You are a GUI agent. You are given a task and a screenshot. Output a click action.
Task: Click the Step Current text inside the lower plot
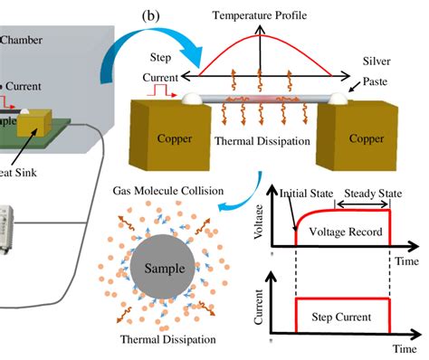[343, 319]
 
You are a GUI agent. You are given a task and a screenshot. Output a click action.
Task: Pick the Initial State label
[302, 192]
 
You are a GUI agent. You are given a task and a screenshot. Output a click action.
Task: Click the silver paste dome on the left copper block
[192, 96]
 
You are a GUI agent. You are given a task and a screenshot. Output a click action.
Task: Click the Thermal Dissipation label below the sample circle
[168, 340]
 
